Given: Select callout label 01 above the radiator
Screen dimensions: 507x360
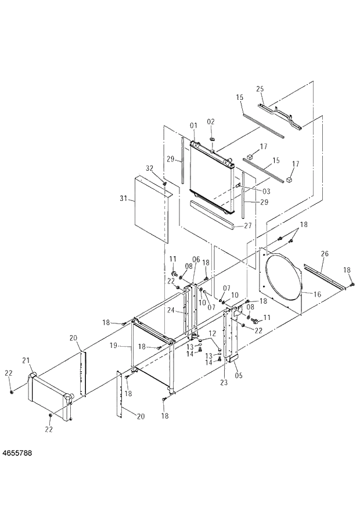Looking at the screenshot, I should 193,125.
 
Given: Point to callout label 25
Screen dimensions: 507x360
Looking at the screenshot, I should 260,88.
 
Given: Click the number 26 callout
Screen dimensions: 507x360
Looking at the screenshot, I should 325,253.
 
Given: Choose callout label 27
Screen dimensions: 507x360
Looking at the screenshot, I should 247,226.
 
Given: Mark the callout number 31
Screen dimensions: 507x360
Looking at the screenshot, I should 123,199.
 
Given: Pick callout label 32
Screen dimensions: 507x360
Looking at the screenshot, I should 149,168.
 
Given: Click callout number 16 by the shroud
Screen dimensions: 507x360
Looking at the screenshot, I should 317,294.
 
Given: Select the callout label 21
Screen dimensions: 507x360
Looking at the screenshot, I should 26,361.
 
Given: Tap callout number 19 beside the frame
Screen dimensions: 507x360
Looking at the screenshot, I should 115,345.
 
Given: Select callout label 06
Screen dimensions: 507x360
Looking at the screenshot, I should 196,259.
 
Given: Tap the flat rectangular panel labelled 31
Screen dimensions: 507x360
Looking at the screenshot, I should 150,209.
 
